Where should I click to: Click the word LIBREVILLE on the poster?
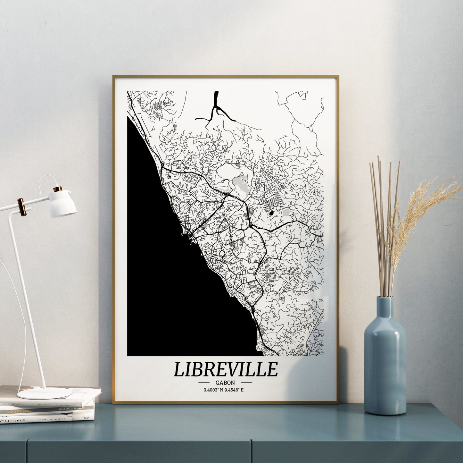point(226,369)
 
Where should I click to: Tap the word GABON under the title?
point(225,383)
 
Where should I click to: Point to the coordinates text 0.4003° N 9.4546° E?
point(226,390)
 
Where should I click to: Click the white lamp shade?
point(63,204)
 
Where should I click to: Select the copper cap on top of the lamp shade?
point(58,189)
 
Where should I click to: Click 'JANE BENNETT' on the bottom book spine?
point(52,419)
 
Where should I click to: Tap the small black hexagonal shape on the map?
point(271,213)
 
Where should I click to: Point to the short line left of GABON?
point(204,383)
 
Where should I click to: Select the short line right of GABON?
point(246,383)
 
